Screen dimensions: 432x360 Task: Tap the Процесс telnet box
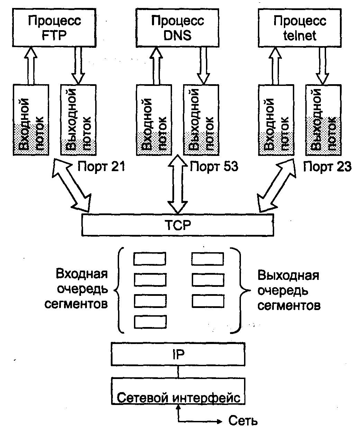tap(300, 28)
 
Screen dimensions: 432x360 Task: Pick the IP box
tap(178, 354)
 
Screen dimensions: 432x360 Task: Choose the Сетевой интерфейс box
tap(178, 391)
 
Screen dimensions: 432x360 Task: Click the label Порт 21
tap(101, 167)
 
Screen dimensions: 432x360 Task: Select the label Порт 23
tap(327, 167)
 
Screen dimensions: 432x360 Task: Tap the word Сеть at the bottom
tap(243, 421)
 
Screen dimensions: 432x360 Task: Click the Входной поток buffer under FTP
tap(30, 120)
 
